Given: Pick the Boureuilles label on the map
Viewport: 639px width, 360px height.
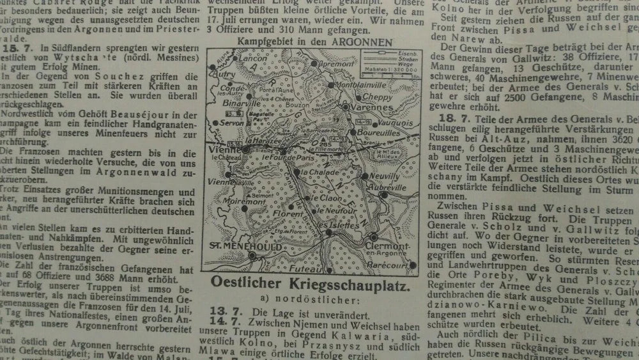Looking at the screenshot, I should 379,134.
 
